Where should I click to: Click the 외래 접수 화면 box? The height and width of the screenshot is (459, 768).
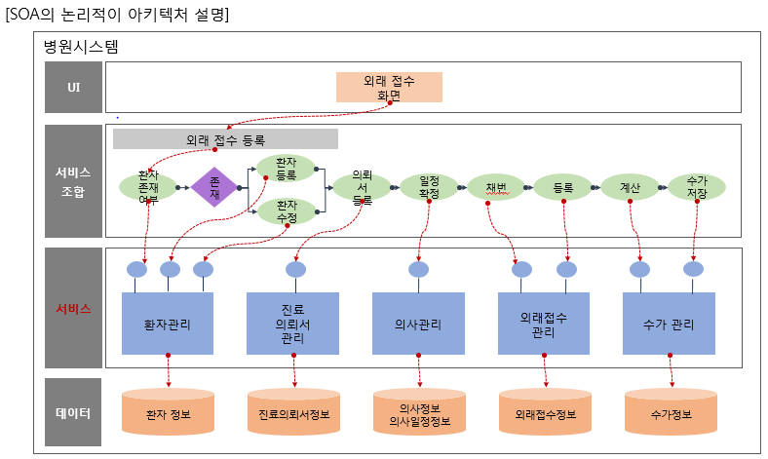click(x=389, y=88)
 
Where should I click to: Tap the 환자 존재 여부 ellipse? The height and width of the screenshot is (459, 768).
click(x=148, y=187)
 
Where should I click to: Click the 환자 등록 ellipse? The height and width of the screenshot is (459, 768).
click(x=286, y=169)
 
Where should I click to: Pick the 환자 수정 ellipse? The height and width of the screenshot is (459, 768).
click(x=286, y=211)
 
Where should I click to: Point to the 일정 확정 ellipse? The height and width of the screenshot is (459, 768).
click(x=429, y=187)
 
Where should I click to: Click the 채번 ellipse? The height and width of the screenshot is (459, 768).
click(x=495, y=187)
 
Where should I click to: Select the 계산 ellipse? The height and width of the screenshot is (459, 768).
click(x=629, y=187)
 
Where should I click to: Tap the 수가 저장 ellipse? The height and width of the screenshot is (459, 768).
click(x=696, y=187)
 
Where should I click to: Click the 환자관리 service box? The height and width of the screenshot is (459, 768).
click(x=168, y=324)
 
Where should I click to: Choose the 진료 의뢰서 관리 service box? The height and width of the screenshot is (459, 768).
click(x=293, y=324)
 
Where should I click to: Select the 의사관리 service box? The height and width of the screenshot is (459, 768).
click(x=418, y=324)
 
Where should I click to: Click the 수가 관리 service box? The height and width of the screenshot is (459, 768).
click(x=669, y=324)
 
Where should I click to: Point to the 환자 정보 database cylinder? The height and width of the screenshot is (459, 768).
click(x=168, y=413)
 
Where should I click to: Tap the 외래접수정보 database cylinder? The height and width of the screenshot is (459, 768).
click(x=544, y=413)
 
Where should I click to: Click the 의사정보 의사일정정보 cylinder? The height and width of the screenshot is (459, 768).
click(x=418, y=413)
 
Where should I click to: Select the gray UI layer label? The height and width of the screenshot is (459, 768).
click(x=73, y=88)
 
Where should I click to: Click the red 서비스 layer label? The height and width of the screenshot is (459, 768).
click(x=73, y=308)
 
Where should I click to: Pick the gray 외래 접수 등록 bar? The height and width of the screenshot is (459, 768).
click(x=225, y=139)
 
